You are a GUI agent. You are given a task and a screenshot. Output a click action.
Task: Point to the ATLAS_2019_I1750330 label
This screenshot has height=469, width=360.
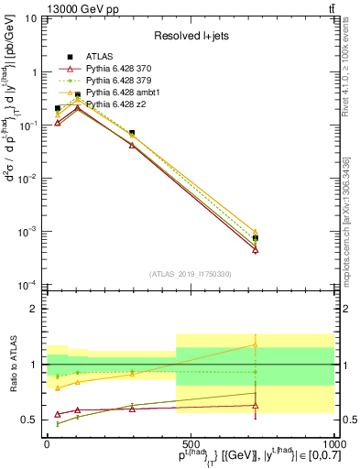tap(190, 274)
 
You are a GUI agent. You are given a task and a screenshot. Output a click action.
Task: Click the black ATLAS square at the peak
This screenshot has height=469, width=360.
tap(77, 94)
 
